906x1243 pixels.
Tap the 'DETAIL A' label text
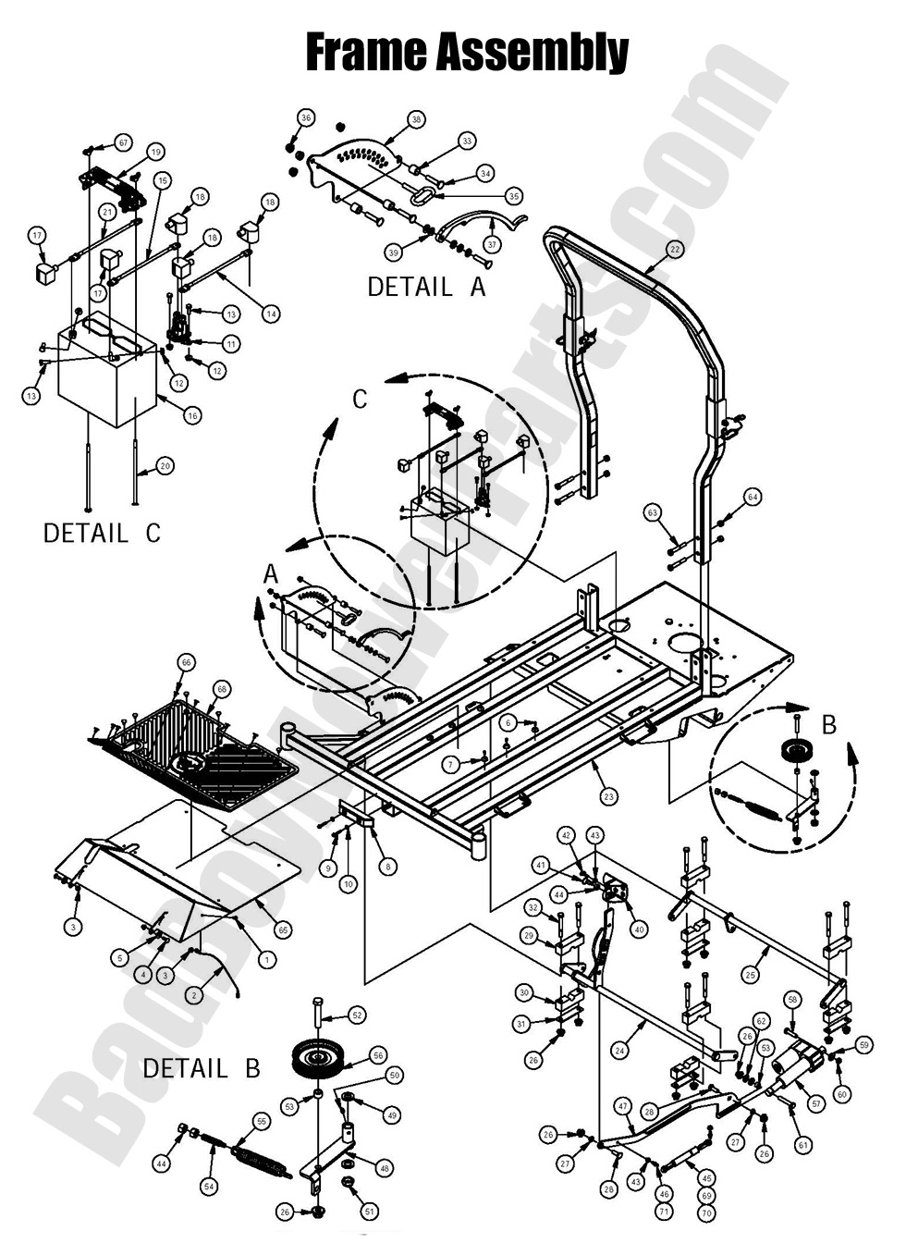click(x=425, y=287)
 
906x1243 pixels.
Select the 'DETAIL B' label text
click(x=201, y=1068)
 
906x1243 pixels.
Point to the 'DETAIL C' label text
click(x=102, y=533)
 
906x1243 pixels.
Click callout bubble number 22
click(x=675, y=249)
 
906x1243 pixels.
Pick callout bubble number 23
click(x=608, y=796)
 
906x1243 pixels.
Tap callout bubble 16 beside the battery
click(x=192, y=416)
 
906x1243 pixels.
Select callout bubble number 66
click(x=187, y=662)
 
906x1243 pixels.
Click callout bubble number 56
click(x=377, y=1054)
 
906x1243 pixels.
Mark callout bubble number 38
click(x=417, y=119)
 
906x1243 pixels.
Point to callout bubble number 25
click(x=751, y=975)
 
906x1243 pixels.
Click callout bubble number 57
click(x=815, y=1103)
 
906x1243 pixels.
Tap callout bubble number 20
click(x=165, y=466)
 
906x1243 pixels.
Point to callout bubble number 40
click(x=638, y=929)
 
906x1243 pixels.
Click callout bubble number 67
click(x=123, y=142)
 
